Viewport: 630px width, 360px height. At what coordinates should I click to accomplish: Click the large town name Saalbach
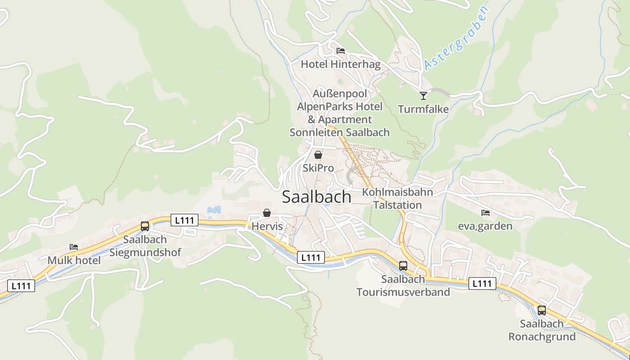316,197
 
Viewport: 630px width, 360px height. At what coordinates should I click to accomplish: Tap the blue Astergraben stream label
456,38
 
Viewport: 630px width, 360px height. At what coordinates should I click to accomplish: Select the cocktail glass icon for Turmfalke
423,95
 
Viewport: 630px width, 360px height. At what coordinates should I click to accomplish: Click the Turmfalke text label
423,109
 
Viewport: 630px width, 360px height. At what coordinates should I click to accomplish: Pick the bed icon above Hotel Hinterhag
341,50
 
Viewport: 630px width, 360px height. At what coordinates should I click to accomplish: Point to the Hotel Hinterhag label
340,64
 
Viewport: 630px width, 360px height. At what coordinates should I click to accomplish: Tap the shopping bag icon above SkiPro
318,155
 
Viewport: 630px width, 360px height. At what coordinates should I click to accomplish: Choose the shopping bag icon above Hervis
267,213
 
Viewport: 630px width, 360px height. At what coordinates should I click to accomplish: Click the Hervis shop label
267,226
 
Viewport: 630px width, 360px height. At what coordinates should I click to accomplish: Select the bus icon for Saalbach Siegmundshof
145,226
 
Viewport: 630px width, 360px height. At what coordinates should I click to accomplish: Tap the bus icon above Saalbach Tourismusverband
403,265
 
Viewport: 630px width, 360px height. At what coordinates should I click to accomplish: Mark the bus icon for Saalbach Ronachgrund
542,310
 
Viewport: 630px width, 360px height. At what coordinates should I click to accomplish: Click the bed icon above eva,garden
485,212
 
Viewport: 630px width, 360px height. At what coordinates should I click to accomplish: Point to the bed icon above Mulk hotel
74,247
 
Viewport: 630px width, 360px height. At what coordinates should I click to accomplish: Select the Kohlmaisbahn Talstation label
397,198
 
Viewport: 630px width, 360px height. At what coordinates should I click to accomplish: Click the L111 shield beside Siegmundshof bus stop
184,220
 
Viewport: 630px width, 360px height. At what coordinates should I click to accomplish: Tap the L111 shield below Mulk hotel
21,285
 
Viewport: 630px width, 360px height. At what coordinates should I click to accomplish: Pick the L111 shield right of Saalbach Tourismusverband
482,283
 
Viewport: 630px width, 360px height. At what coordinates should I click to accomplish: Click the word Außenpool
340,94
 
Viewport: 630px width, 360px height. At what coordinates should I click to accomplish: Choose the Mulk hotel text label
74,260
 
